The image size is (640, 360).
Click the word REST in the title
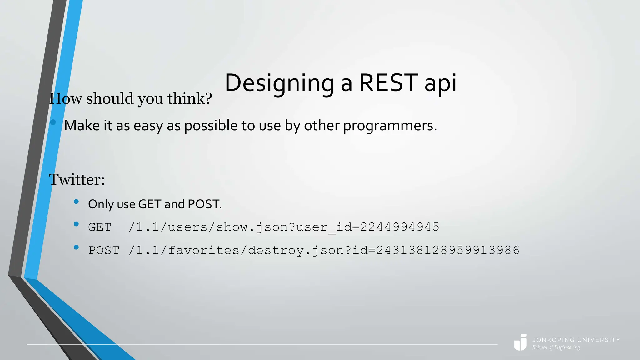(388, 83)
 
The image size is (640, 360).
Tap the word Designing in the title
(279, 83)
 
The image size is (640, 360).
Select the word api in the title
(440, 83)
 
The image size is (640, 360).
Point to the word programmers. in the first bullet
(390, 126)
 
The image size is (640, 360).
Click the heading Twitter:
(77, 180)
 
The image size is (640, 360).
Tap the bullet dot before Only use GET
(76, 202)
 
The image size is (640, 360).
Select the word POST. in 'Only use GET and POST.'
(205, 204)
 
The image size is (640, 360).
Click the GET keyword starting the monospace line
(100, 227)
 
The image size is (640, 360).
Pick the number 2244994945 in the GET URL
(400, 227)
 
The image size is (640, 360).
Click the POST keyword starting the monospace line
(104, 251)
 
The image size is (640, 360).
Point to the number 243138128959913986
(448, 250)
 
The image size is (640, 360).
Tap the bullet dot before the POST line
(76, 247)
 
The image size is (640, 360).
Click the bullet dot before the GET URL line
(76, 224)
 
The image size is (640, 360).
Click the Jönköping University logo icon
(520, 342)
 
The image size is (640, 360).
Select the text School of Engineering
(556, 347)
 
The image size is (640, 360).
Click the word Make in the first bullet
(82, 126)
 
